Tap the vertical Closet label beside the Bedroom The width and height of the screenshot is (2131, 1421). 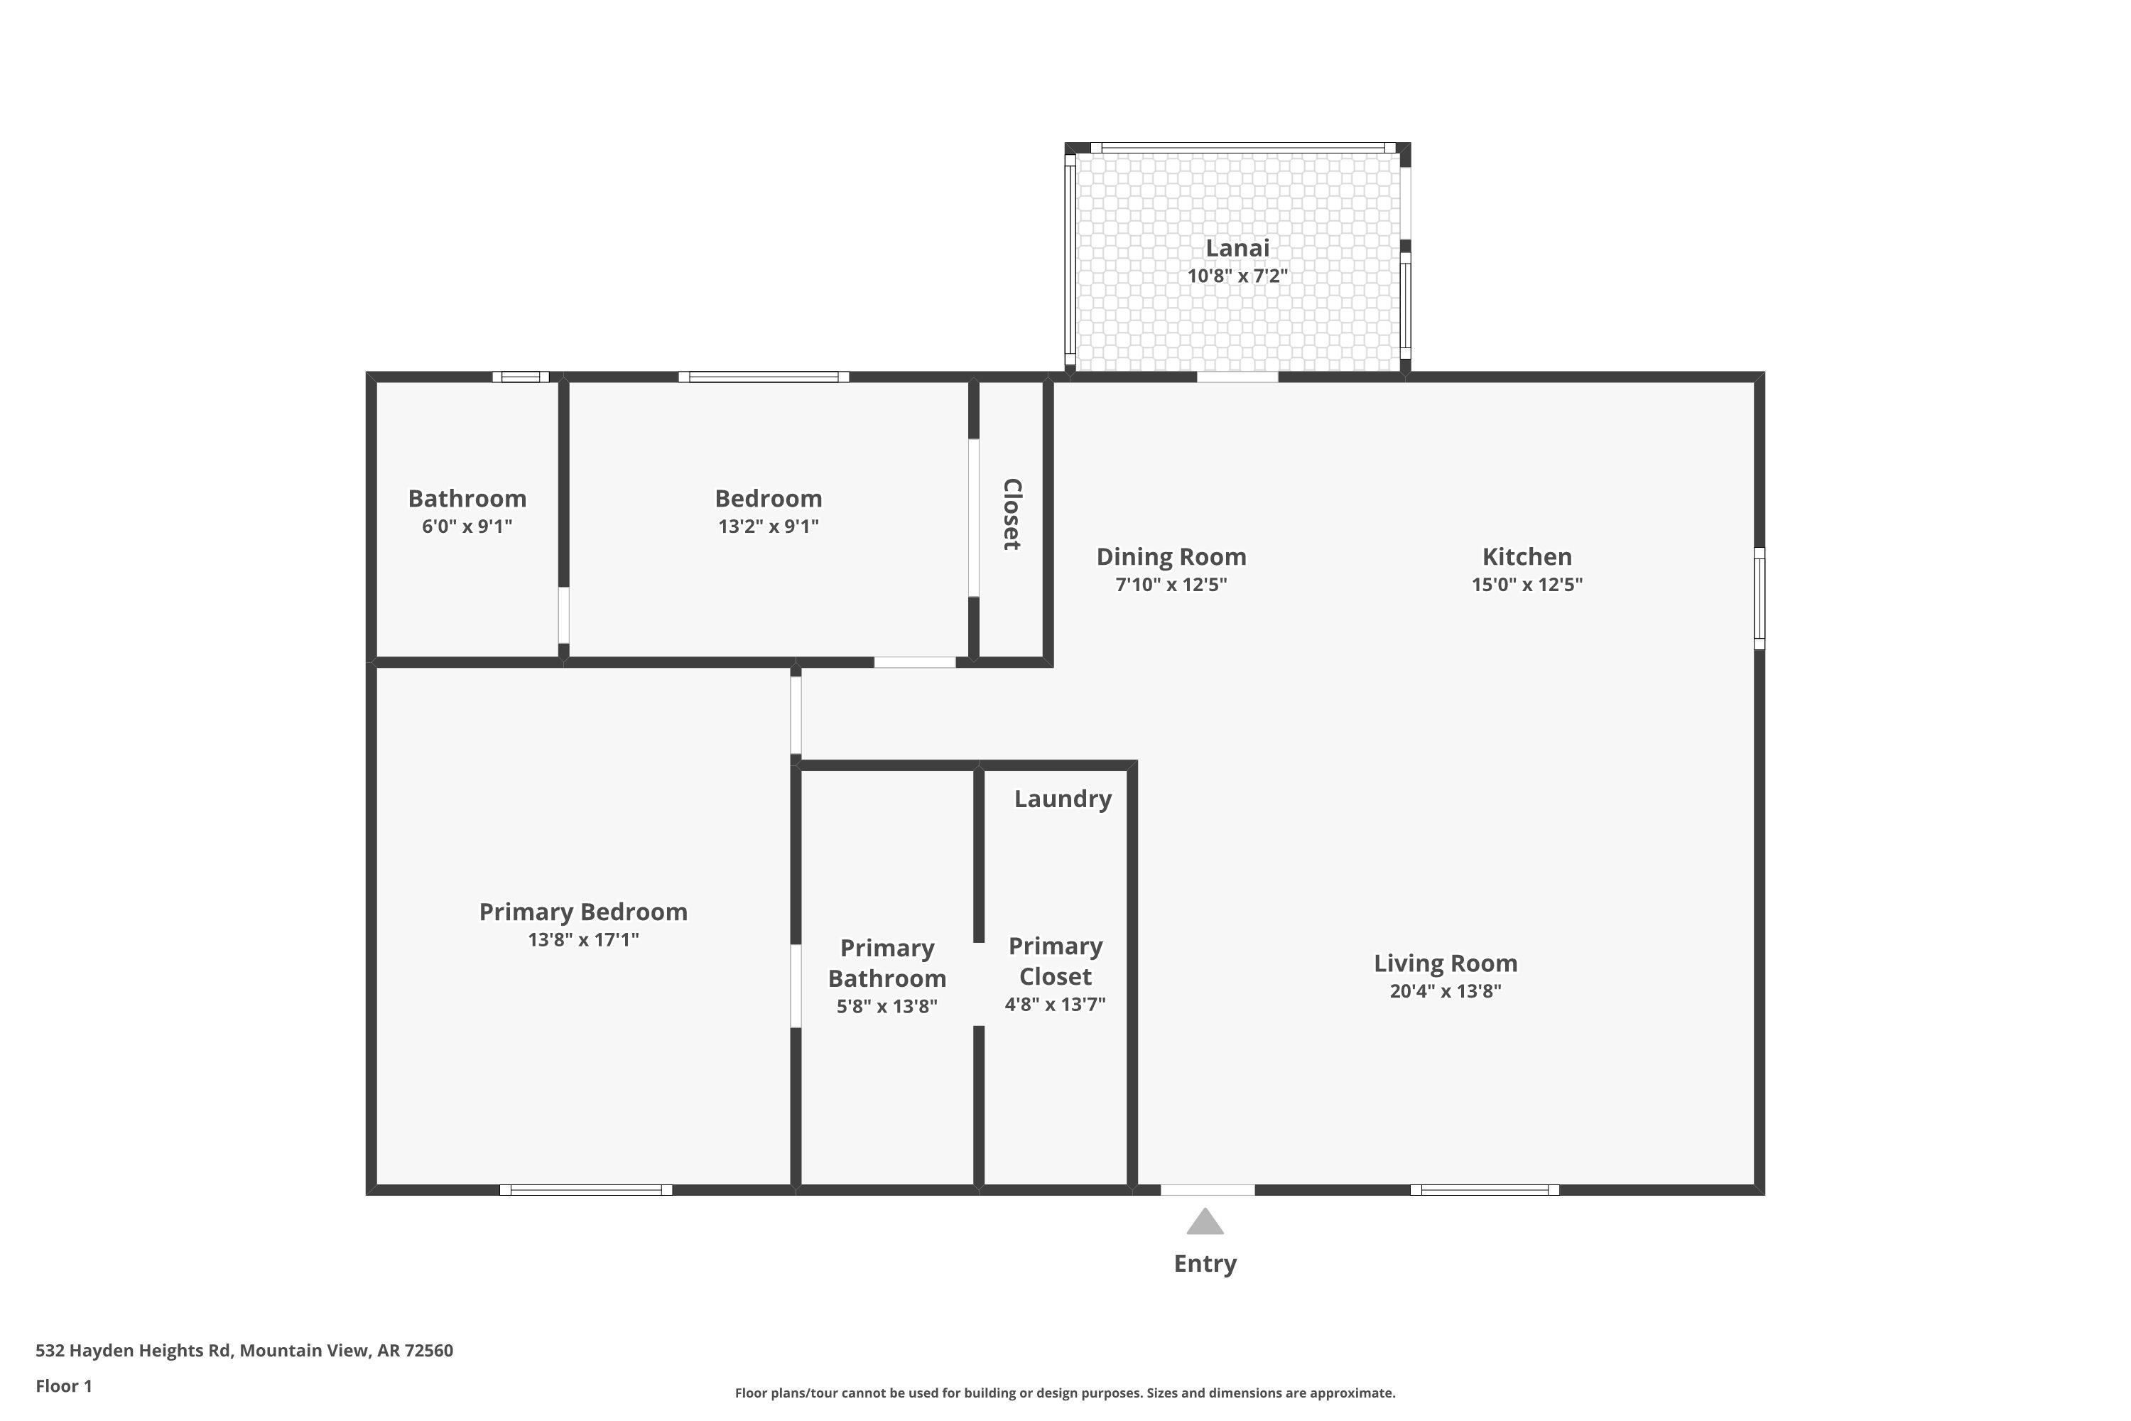1012,514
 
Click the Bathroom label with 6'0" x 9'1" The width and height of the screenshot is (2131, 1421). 467,499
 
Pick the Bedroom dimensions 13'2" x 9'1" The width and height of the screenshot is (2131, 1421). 769,526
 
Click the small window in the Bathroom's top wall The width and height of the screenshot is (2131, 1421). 521,377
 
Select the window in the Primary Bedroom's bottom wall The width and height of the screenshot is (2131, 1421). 586,1190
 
